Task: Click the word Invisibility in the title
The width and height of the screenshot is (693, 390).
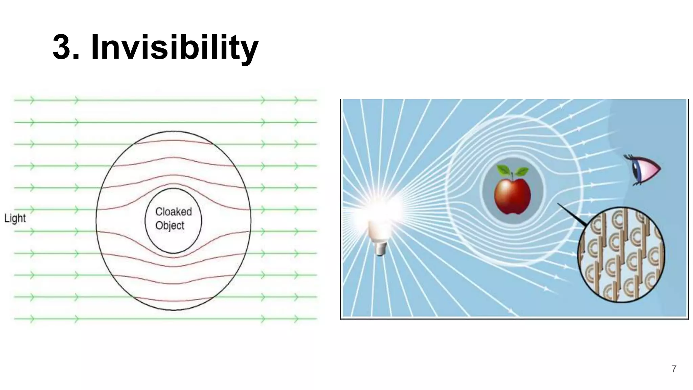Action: [x=175, y=47]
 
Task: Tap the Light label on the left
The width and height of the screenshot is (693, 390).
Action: [x=15, y=218]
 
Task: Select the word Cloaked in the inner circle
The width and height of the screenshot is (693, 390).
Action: [x=174, y=212]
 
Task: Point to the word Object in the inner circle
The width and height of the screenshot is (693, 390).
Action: [x=170, y=225]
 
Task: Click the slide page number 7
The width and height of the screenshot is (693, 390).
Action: [x=674, y=369]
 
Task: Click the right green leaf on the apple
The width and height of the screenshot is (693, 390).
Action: [x=521, y=171]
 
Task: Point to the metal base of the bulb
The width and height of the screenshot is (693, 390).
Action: [x=381, y=248]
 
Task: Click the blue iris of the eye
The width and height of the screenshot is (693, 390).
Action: [x=636, y=171]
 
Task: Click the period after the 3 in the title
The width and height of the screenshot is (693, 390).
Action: [x=76, y=58]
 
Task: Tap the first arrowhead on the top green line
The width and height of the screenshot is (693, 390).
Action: [x=32, y=100]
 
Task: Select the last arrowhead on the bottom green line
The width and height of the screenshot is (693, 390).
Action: [x=296, y=319]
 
